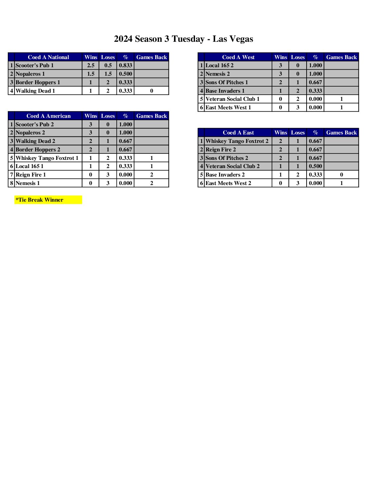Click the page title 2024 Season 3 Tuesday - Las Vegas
(x=183, y=39)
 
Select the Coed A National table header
(x=48, y=57)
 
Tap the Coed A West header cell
(x=238, y=57)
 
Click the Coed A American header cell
(x=48, y=116)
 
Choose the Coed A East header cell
(x=238, y=132)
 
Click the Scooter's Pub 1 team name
(x=35, y=65)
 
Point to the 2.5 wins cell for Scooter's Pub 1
(x=91, y=65)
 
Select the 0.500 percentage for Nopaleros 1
(x=125, y=74)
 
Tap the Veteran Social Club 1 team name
(x=232, y=99)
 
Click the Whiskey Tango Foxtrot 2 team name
(x=237, y=141)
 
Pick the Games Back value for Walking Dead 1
(x=152, y=91)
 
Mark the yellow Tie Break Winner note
(x=48, y=200)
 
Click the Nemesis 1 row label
(x=28, y=183)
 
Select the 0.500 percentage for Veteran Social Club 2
(x=315, y=166)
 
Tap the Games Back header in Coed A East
(x=342, y=132)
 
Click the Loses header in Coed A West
(x=298, y=57)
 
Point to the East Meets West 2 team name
(x=228, y=183)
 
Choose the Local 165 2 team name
(x=219, y=65)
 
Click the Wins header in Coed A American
(x=91, y=116)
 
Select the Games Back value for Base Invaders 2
(x=342, y=174)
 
